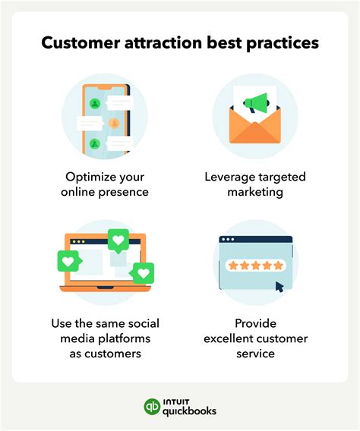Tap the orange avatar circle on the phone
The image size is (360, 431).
coord(113,123)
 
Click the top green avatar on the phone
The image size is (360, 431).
coord(95,103)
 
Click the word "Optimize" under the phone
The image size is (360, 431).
coord(93,177)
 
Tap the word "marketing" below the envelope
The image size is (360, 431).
coord(255,192)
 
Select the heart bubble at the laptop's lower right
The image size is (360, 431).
coord(143,273)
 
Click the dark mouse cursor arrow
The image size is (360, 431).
coord(279,287)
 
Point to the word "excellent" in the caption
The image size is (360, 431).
coord(231,338)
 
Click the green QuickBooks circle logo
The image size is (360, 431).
coord(153,407)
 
